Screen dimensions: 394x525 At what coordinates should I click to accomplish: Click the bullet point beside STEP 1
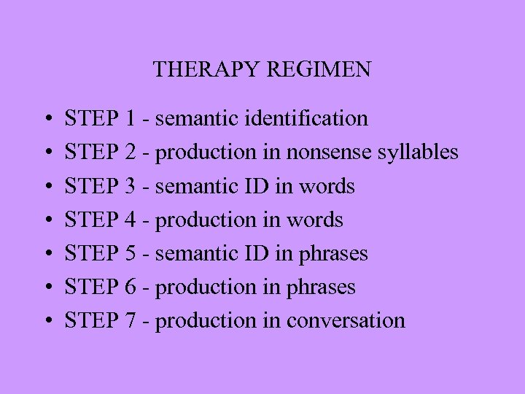pyautogui.click(x=47, y=119)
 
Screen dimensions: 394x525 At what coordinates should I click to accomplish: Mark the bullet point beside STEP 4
pyautogui.click(x=47, y=220)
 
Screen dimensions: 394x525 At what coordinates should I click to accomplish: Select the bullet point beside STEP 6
pyautogui.click(x=47, y=287)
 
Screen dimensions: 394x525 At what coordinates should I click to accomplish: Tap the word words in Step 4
pyautogui.click(x=315, y=220)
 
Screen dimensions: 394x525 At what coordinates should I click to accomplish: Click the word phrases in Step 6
pyautogui.click(x=321, y=287)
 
